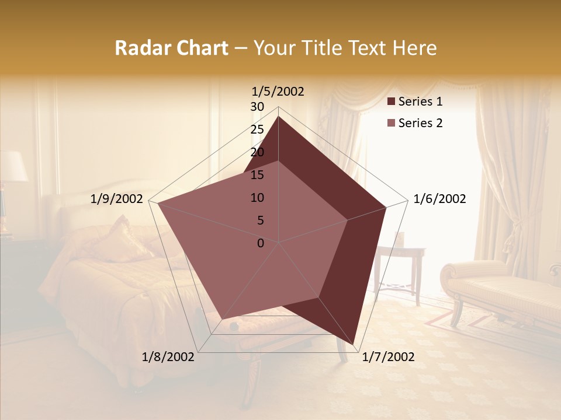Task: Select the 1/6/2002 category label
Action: [439, 199]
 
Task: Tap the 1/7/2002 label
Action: [388, 357]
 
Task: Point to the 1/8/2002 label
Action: [168, 357]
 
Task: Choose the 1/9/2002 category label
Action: [116, 199]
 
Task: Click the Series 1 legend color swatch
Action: [391, 101]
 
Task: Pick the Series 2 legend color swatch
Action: [391, 123]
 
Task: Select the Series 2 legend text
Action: [420, 123]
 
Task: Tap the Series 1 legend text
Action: [420, 101]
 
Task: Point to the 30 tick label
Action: [257, 107]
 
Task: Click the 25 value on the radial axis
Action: [257, 129]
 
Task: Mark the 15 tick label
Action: [257, 175]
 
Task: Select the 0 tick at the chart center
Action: [261, 243]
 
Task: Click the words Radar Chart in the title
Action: [171, 48]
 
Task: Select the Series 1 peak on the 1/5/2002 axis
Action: [279, 117]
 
